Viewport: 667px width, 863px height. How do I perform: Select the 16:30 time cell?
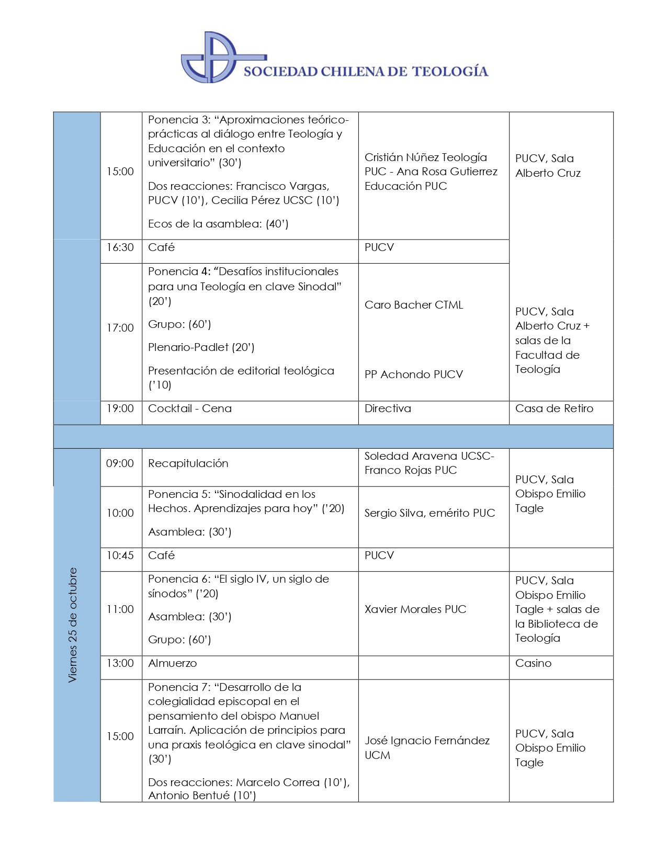point(120,247)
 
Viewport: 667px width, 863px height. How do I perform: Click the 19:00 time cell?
point(120,408)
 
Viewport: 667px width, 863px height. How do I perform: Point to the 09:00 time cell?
point(120,463)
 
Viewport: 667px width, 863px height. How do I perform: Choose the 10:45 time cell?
point(120,555)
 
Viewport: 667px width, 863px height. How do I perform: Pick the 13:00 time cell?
point(120,663)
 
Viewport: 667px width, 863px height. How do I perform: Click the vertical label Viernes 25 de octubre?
point(73,625)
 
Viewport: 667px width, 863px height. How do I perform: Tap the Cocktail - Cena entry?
point(190,408)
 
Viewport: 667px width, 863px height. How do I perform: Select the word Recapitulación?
point(188,463)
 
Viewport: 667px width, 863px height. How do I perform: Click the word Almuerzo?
point(173,663)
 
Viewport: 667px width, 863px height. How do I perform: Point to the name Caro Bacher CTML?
point(414,305)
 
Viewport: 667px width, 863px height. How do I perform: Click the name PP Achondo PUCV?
point(414,374)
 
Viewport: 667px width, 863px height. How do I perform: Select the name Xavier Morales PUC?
point(415,609)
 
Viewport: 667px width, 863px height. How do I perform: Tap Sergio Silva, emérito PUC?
point(429,513)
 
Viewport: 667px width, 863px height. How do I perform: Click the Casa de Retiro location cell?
point(554,408)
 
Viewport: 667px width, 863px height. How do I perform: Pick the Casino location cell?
point(533,663)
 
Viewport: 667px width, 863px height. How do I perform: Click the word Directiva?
point(388,408)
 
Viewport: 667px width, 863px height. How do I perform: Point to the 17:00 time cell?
point(120,328)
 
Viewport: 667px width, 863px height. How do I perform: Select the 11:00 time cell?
point(120,609)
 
